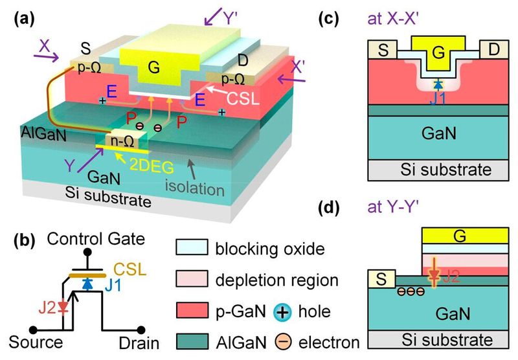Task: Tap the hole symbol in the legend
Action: pos(291,311)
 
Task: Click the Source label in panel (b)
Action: pos(36,341)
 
